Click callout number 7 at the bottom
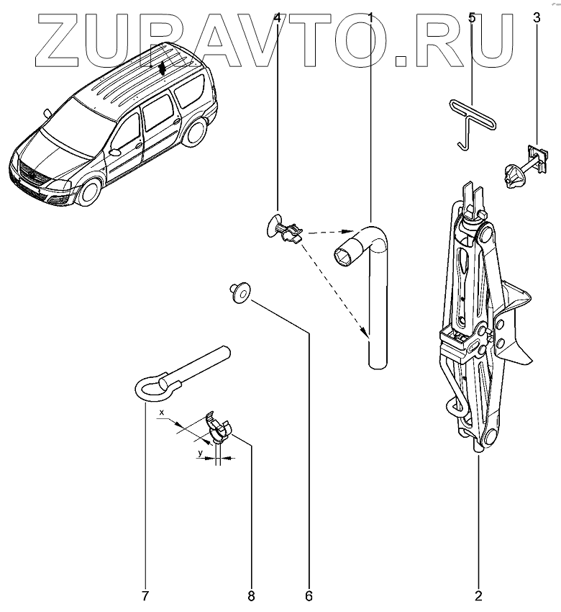pyautogui.click(x=145, y=595)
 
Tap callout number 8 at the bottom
pyautogui.click(x=250, y=595)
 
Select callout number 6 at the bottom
pyautogui.click(x=309, y=595)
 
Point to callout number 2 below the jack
pyautogui.click(x=478, y=595)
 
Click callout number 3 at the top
pyautogui.click(x=535, y=17)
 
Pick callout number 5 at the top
pyautogui.click(x=472, y=17)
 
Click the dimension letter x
pyautogui.click(x=163, y=413)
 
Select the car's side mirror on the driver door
pyautogui.click(x=115, y=153)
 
